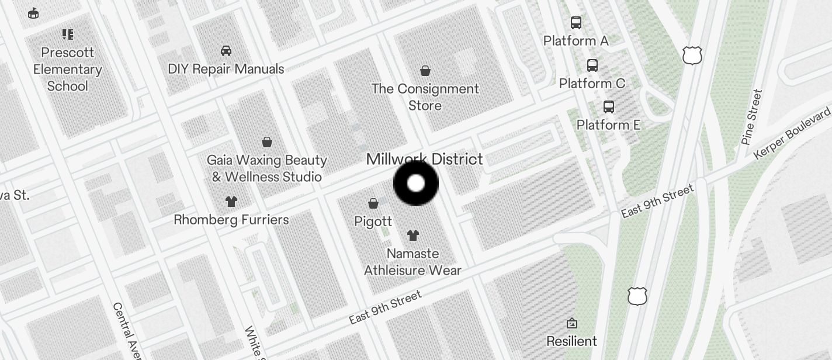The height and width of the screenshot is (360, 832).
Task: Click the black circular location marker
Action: pyautogui.click(x=415, y=184)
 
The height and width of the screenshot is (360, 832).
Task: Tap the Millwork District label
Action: pyautogui.click(x=424, y=159)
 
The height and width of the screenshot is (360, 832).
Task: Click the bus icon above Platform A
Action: pyautogui.click(x=576, y=23)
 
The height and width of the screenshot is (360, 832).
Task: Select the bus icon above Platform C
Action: pyautogui.click(x=592, y=65)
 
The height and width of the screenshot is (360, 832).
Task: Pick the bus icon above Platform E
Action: pyautogui.click(x=609, y=107)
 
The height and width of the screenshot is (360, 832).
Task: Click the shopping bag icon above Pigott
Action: pyautogui.click(x=373, y=203)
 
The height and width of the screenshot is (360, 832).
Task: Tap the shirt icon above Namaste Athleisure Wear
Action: pyautogui.click(x=413, y=236)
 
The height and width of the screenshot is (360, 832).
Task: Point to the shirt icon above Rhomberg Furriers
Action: pyautogui.click(x=231, y=202)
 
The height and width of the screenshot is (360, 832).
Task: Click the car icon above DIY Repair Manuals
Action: pyautogui.click(x=226, y=51)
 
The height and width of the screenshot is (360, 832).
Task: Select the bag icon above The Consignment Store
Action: pyautogui.click(x=425, y=71)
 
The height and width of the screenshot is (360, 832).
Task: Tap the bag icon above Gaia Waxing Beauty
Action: pyautogui.click(x=267, y=142)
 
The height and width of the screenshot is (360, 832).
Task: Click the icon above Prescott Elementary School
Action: pyautogui.click(x=68, y=34)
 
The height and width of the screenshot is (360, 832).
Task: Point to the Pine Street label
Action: pyautogui.click(x=752, y=117)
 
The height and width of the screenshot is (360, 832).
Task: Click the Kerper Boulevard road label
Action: pyautogui.click(x=792, y=133)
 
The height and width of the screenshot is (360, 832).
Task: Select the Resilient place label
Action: pyautogui.click(x=571, y=341)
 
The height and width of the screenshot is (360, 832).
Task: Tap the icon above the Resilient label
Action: pyautogui.click(x=572, y=323)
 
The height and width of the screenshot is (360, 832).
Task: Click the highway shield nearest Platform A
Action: pyautogui.click(x=692, y=56)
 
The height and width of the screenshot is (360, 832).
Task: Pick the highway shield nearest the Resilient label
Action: pyautogui.click(x=637, y=296)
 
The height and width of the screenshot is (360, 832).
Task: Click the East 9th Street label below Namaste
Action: pyautogui.click(x=385, y=307)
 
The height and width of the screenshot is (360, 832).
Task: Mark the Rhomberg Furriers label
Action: pyautogui.click(x=231, y=220)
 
